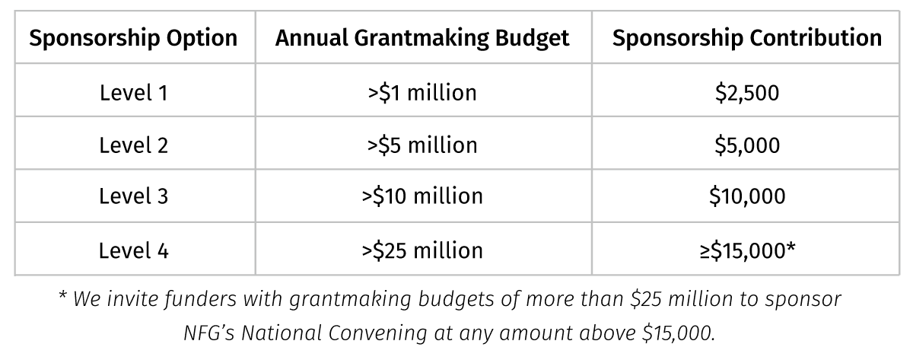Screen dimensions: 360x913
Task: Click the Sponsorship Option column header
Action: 133,38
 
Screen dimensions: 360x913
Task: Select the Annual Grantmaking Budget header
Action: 422,38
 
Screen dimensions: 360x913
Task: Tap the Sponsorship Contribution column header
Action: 747,38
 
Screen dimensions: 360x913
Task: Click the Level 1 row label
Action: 133,93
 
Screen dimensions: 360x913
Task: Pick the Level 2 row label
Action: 133,145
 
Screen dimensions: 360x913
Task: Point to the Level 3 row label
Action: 133,196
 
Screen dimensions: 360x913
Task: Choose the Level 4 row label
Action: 133,249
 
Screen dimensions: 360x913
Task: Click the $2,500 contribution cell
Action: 746,93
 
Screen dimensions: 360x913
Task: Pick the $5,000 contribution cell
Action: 746,145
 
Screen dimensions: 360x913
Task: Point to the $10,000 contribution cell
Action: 746,196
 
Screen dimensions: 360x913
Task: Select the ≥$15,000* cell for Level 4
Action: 746,249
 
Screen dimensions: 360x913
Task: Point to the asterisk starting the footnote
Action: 62,297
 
